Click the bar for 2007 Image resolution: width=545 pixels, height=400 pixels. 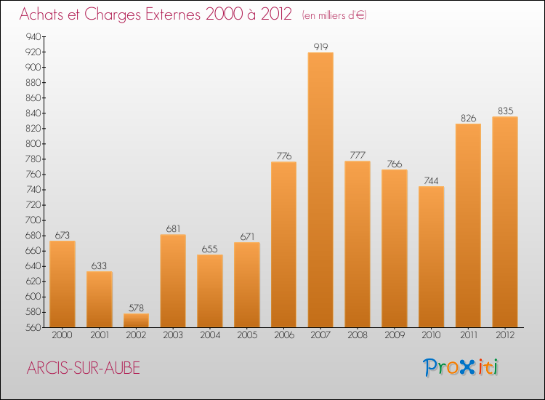(320, 189)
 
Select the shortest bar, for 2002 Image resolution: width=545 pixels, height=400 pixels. (136, 320)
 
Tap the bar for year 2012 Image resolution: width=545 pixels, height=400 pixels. (505, 222)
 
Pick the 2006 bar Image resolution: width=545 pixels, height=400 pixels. (283, 244)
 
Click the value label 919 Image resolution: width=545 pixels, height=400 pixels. (320, 47)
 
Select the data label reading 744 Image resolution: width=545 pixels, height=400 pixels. (431, 180)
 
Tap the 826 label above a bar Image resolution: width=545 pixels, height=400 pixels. (468, 118)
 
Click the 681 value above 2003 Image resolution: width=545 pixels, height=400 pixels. (173, 229)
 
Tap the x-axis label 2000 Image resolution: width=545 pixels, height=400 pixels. (62, 336)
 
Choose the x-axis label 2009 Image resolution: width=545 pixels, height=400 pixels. (395, 336)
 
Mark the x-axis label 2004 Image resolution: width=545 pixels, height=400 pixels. (210, 336)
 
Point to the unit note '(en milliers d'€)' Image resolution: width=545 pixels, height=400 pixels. (334, 15)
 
